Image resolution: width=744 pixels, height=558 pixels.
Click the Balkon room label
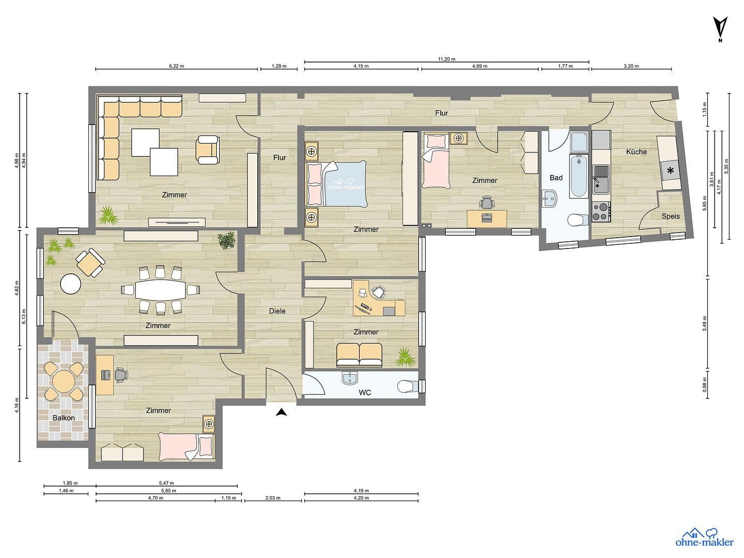coord(64,417)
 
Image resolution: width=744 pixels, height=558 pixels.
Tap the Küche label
coord(636,151)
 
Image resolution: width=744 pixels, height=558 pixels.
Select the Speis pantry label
coord(671,216)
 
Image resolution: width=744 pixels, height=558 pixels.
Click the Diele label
coord(277,311)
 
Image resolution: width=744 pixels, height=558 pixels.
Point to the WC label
coord(365,393)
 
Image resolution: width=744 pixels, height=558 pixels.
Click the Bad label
coord(556,177)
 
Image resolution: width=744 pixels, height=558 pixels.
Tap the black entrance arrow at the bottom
coord(281,412)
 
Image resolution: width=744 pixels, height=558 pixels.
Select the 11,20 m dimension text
coord(446,59)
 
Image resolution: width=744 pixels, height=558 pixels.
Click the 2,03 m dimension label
coord(273,498)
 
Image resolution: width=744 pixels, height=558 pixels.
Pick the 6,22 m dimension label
coord(177,66)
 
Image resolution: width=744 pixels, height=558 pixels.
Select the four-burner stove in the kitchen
coord(601,210)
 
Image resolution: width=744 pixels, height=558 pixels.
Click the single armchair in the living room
coord(208,150)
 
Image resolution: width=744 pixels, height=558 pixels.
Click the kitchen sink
coord(601,177)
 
